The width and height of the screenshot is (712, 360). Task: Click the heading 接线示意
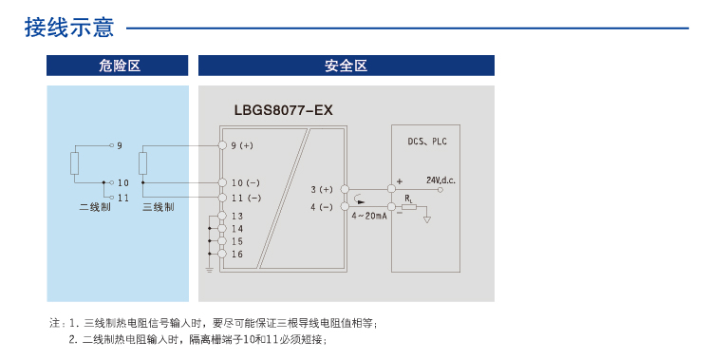point(69,28)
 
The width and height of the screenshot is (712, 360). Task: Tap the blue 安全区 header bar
point(346,66)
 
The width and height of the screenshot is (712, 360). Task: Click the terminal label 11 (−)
point(246,198)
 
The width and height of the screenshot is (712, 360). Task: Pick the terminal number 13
point(236,217)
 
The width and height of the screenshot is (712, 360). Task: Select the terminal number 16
point(236,255)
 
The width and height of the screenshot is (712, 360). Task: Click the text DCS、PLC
point(426,142)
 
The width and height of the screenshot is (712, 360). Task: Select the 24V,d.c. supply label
point(441,180)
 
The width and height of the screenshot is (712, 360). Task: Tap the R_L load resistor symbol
point(408,205)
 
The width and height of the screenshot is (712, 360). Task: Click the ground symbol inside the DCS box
point(427,220)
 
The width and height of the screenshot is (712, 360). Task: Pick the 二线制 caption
point(94,207)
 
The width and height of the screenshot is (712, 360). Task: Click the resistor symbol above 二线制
point(75,162)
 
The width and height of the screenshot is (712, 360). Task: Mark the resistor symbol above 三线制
point(143,162)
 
